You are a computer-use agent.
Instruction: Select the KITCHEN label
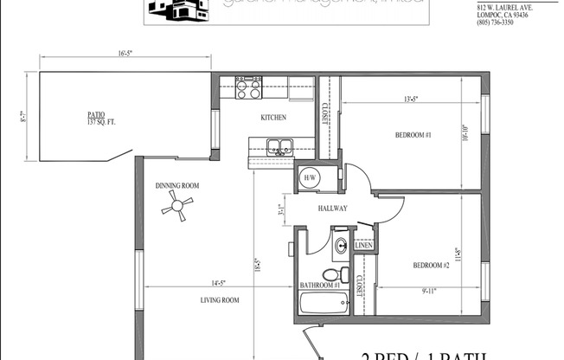click(273, 118)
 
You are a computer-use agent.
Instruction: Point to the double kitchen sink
click(279, 146)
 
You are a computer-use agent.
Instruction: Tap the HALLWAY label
click(333, 209)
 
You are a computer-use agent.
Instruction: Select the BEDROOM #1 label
click(413, 136)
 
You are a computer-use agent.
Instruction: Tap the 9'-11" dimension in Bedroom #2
click(427, 291)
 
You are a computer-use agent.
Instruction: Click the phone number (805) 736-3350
click(495, 22)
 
